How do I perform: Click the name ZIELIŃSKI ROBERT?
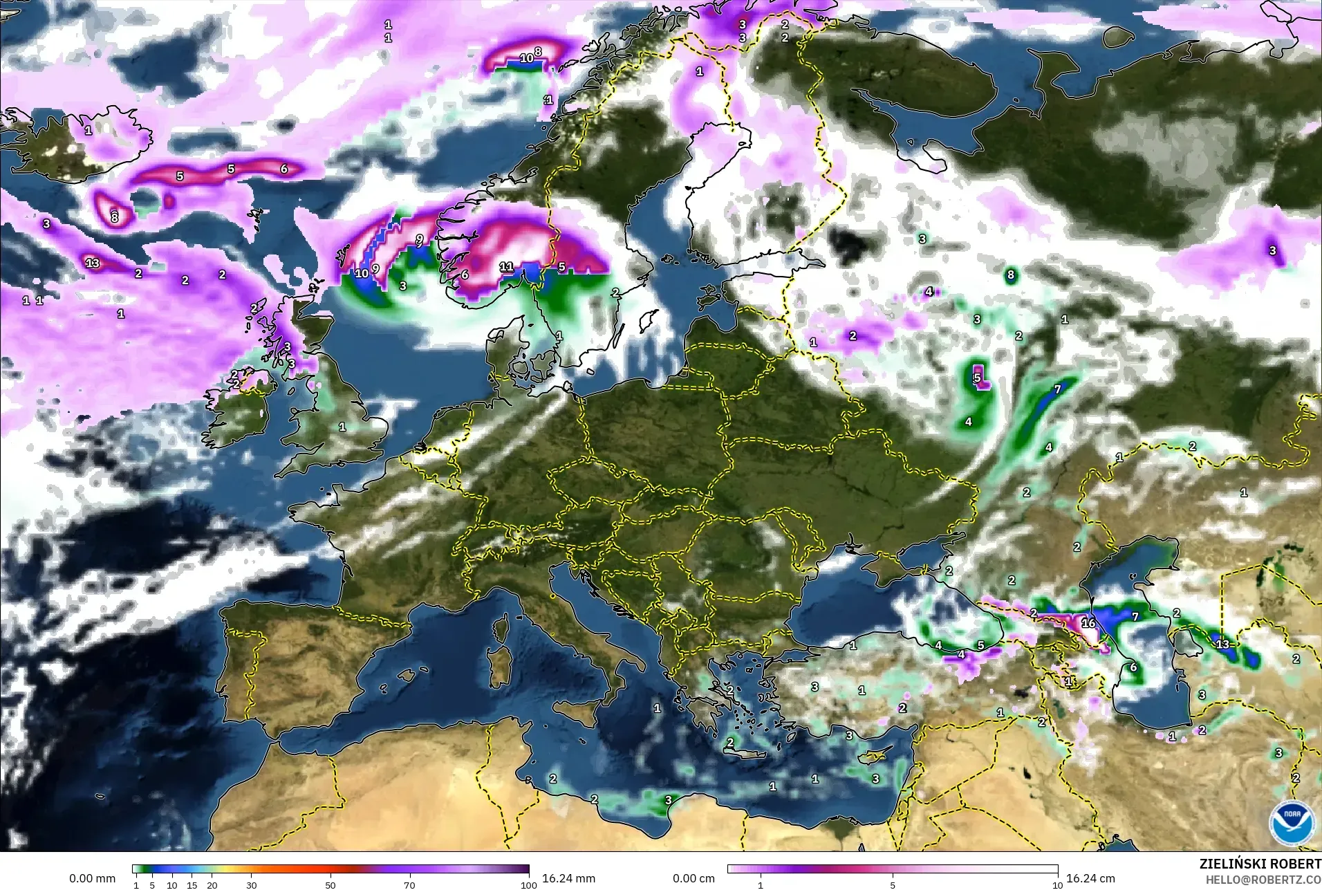tap(1260, 864)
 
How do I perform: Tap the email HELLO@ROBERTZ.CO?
tap(1263, 880)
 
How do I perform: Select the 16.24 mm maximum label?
tap(568, 878)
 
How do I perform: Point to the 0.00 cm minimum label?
tap(693, 878)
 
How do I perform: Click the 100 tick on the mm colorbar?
tap(529, 884)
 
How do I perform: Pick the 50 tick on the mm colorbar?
tap(330, 884)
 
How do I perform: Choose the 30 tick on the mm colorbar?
tap(252, 884)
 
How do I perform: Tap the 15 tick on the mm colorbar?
tap(192, 884)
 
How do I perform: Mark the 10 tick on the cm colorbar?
tap(1057, 884)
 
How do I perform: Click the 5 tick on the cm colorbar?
tap(893, 884)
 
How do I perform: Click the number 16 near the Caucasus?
tap(1088, 623)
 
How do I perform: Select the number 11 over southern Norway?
tap(506, 266)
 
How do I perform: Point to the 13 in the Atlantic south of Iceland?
tap(93, 263)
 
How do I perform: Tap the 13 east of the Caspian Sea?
tap(1222, 645)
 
